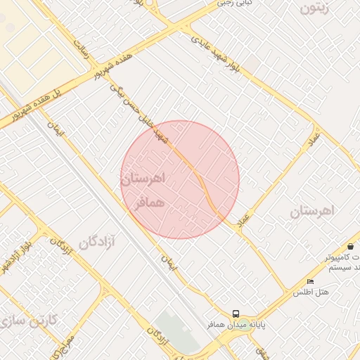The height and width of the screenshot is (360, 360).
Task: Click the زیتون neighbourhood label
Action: pyautogui.click(x=314, y=8)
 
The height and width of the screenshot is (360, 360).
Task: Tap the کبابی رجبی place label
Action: pyautogui.click(x=235, y=3)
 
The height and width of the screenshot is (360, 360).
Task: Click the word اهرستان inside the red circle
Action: pyautogui.click(x=143, y=179)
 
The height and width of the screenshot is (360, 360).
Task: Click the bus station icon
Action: pyautogui.click(x=236, y=314)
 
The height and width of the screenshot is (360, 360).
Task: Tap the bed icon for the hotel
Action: pyautogui.click(x=310, y=281)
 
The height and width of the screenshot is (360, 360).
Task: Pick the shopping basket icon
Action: pyautogui.click(x=350, y=246)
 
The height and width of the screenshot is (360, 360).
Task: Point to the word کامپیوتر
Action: pyautogui.click(x=342, y=258)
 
